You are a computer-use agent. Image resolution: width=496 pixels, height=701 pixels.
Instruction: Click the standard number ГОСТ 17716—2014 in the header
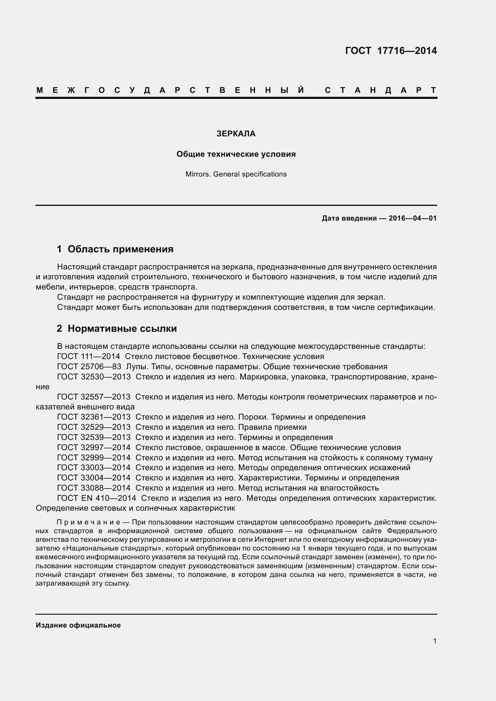(x=391, y=51)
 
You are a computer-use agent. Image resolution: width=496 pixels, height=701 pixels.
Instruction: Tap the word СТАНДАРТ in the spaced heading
(x=380, y=91)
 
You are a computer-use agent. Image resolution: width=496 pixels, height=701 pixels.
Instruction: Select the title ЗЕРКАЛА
(x=236, y=134)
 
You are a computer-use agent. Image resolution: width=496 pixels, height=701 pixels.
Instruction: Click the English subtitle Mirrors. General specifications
(x=236, y=174)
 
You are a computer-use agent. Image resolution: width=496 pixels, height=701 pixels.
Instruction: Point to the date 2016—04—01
(x=413, y=218)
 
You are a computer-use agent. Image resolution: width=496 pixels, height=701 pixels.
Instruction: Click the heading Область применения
(x=120, y=249)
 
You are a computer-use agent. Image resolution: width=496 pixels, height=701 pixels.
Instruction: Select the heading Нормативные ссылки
(x=122, y=328)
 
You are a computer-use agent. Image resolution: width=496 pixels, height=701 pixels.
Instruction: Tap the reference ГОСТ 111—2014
(x=88, y=357)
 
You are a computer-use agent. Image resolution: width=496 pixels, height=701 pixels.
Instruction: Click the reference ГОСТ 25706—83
(x=89, y=367)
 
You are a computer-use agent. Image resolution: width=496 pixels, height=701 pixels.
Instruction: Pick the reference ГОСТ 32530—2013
(x=94, y=377)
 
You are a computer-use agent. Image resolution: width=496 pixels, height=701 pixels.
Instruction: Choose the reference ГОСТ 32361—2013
(x=94, y=417)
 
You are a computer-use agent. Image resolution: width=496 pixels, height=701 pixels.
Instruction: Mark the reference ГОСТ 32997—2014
(x=94, y=447)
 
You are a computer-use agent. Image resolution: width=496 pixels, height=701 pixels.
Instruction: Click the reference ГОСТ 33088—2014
(x=94, y=488)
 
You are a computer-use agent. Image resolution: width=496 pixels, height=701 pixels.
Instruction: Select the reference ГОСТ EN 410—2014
(x=96, y=498)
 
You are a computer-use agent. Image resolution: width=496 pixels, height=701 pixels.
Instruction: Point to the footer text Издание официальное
(x=78, y=625)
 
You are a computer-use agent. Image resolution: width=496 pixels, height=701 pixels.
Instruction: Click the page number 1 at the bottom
(x=435, y=641)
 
